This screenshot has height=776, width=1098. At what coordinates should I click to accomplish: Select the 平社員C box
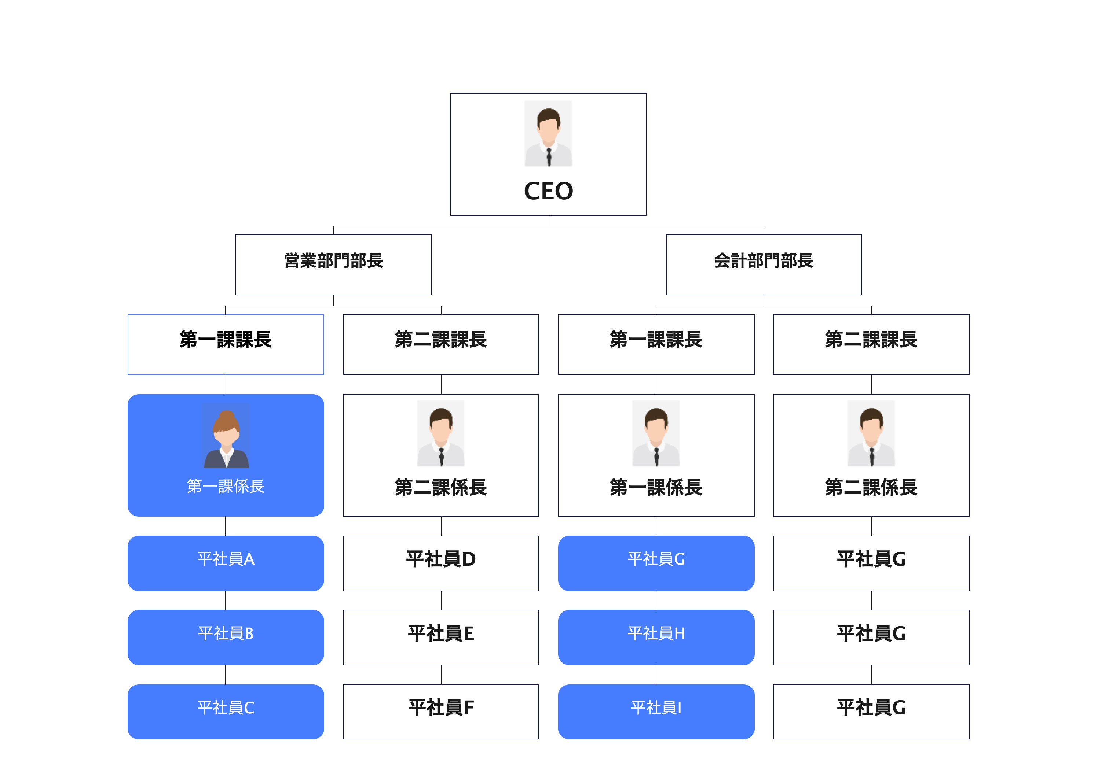click(226, 712)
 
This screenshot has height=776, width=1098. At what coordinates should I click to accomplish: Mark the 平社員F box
click(441, 712)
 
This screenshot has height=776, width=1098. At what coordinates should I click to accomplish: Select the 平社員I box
click(656, 712)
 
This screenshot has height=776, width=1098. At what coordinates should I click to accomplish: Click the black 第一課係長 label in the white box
click(656, 487)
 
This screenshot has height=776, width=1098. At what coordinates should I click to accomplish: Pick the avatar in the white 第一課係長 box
click(656, 433)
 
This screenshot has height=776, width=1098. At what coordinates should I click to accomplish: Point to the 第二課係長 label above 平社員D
click(441, 487)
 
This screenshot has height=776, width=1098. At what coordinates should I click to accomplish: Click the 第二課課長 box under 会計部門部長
click(871, 344)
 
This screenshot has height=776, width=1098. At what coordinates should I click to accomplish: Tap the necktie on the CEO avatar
click(549, 157)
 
